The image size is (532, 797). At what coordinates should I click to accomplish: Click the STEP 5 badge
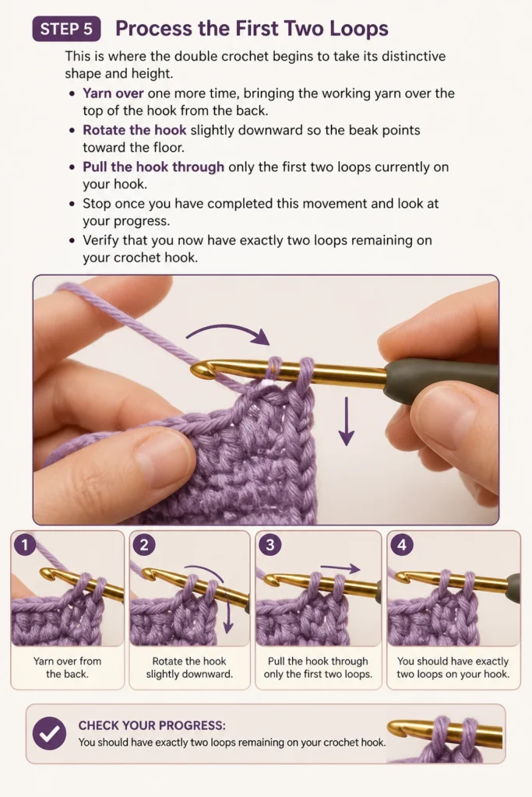click(x=66, y=29)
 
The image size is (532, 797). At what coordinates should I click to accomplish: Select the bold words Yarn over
click(x=113, y=93)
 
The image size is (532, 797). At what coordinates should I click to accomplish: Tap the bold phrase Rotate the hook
click(x=134, y=130)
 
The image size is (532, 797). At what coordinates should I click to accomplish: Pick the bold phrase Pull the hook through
click(x=153, y=167)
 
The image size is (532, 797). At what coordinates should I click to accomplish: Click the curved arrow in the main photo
click(x=227, y=332)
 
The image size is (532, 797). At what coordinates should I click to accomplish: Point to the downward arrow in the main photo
click(x=347, y=421)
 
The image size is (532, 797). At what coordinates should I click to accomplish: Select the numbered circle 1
click(x=24, y=545)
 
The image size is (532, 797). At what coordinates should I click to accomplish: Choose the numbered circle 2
click(x=144, y=545)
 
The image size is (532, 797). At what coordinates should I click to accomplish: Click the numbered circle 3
click(x=270, y=545)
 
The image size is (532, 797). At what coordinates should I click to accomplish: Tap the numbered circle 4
click(x=402, y=545)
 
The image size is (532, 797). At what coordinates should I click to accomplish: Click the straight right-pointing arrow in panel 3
click(x=340, y=568)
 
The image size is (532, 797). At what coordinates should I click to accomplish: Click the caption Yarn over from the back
click(x=67, y=667)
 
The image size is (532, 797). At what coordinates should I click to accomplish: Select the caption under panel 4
click(x=453, y=667)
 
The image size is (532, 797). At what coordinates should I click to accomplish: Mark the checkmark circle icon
click(x=49, y=733)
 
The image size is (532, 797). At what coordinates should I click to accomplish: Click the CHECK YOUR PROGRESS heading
click(x=152, y=725)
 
